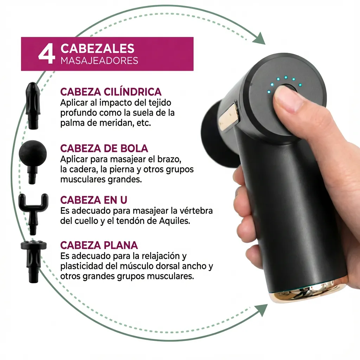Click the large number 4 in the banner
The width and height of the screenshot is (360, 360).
pyautogui.click(x=47, y=54)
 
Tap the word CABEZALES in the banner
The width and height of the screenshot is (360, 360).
pyautogui.click(x=97, y=49)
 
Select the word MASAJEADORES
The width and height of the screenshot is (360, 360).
pyautogui.click(x=99, y=60)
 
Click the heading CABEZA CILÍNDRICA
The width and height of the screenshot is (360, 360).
pyautogui.click(x=111, y=92)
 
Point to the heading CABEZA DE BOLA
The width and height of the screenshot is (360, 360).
pyautogui.click(x=104, y=148)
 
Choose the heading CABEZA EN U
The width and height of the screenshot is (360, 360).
pyautogui.click(x=94, y=200)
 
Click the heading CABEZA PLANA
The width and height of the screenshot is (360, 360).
pyautogui.click(x=99, y=245)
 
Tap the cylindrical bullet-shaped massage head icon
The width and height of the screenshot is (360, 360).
pyautogui.click(x=33, y=105)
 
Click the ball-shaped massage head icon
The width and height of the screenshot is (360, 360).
pyautogui.click(x=33, y=161)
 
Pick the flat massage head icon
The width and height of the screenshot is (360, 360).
pyautogui.click(x=33, y=262)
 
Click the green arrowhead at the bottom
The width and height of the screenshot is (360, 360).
pyautogui.click(x=261, y=310)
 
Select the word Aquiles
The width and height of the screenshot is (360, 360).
pyautogui.click(x=174, y=221)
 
